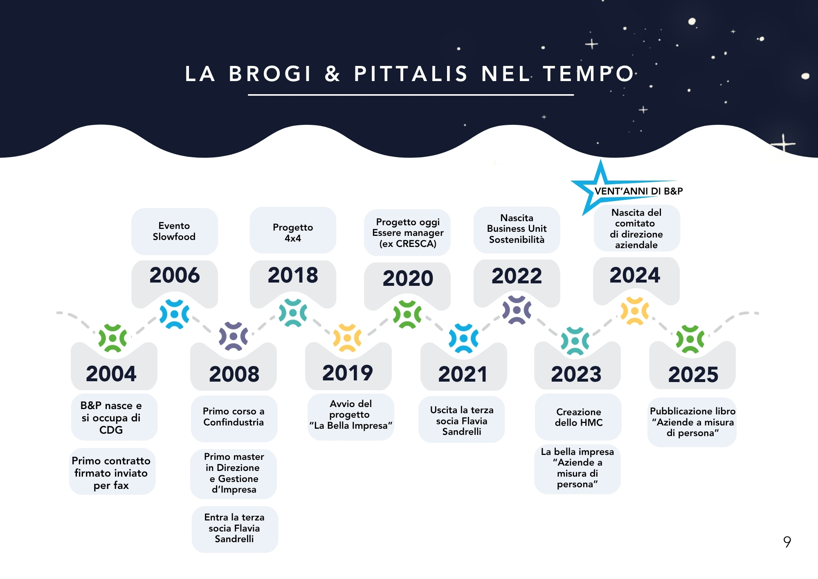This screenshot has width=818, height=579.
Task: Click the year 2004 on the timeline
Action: click(111, 373)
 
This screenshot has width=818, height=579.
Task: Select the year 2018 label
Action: click(293, 275)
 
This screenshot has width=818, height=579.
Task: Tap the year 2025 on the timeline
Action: click(693, 374)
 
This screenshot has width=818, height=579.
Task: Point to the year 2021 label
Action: click(463, 374)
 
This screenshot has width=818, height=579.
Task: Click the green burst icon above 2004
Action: click(112, 338)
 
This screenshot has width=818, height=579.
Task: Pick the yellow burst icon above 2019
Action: click(347, 338)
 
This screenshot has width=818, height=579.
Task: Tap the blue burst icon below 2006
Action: click(175, 314)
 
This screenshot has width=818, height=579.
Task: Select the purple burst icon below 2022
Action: click(517, 310)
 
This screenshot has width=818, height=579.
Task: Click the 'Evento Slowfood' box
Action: click(175, 231)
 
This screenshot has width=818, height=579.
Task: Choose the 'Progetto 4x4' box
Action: click(293, 230)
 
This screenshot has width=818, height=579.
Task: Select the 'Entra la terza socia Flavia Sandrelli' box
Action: click(235, 529)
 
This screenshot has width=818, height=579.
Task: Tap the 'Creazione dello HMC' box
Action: click(578, 417)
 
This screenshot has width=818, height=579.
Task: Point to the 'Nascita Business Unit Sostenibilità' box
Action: click(517, 230)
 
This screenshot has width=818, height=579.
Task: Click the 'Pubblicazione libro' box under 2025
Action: click(692, 422)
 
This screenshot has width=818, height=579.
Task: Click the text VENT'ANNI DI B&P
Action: click(639, 191)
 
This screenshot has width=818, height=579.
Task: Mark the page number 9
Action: click(787, 542)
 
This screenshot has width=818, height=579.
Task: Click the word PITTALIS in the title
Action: click(411, 74)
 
